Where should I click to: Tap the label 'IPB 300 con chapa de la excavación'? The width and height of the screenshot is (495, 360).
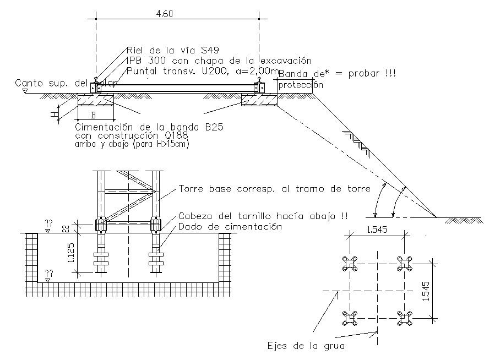pyautogui.click(x=219, y=61)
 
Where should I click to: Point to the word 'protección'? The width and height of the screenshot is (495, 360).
pyautogui.click(x=301, y=85)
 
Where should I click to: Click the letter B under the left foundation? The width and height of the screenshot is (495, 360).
pyautogui.click(x=94, y=116)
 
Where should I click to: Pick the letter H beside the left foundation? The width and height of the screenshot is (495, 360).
pyautogui.click(x=53, y=114)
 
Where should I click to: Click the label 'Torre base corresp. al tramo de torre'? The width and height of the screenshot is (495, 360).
pyautogui.click(x=274, y=189)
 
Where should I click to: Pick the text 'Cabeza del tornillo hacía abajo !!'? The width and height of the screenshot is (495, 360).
pyautogui.click(x=263, y=216)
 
